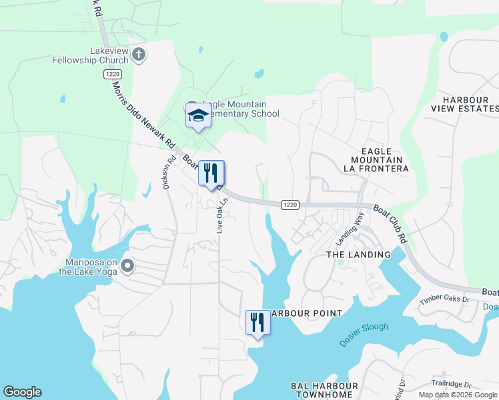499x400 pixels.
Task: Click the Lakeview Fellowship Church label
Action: pyautogui.click(x=90, y=55)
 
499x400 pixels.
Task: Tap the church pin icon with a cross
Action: pyautogui.click(x=139, y=55)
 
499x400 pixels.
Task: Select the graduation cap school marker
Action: pyautogui.click(x=198, y=117)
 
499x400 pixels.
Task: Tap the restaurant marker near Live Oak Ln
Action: pyautogui.click(x=211, y=174)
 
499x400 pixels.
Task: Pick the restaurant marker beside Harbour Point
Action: pyautogui.click(x=258, y=323)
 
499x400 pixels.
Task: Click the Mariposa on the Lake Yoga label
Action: pyautogui.click(x=88, y=267)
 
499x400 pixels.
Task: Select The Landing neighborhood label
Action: pyautogui.click(x=358, y=255)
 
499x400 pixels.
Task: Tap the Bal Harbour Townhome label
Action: pyautogui.click(x=322, y=391)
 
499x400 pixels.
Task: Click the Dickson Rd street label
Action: pyautogui.click(x=169, y=173)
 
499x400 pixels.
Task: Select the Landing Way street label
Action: pyautogui.click(x=351, y=227)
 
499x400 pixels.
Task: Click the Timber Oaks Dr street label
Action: pyautogui.click(x=445, y=299)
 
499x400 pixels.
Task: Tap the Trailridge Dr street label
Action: pyautogui.click(x=451, y=385)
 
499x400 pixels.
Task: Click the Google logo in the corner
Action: pyautogui.click(x=22, y=392)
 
